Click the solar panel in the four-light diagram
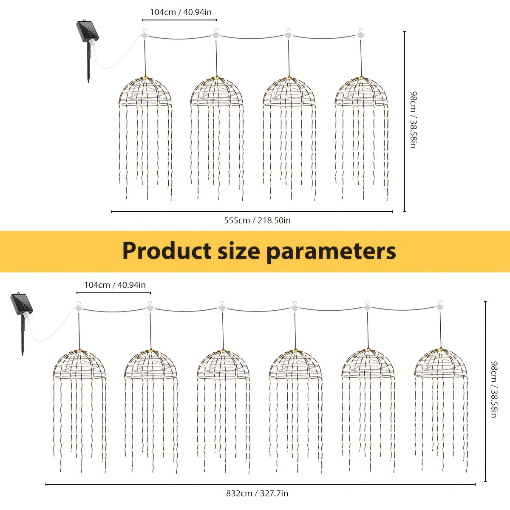(x=88, y=31)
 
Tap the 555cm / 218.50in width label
(x=257, y=220)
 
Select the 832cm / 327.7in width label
(x=257, y=493)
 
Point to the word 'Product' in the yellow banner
(x=167, y=251)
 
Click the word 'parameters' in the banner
(x=331, y=252)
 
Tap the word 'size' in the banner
(x=238, y=251)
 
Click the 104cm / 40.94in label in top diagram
(x=181, y=12)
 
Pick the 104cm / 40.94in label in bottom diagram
(x=115, y=285)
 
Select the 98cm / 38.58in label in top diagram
(x=413, y=119)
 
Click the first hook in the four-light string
(x=144, y=34)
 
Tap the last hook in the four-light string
(x=360, y=34)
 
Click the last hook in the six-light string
(x=440, y=306)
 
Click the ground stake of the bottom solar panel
(x=23, y=335)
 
